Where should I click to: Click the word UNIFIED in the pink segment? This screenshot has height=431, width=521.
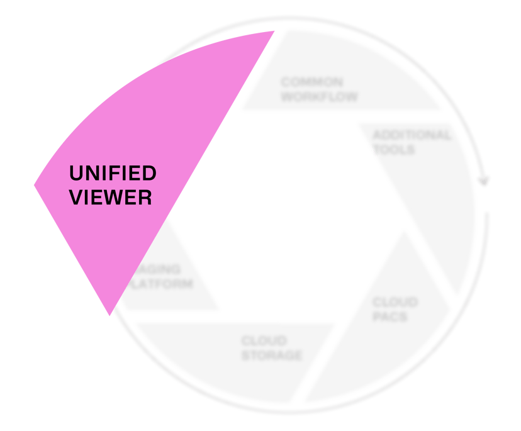point(112,173)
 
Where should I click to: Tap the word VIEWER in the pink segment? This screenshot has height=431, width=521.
point(110,198)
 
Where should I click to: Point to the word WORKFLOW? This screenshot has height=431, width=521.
point(319,97)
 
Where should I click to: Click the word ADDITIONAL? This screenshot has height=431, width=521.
point(412,135)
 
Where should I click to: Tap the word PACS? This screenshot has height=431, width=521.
point(390,316)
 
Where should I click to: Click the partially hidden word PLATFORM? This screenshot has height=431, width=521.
point(161,284)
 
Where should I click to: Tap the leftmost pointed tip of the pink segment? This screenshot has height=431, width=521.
point(35,184)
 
